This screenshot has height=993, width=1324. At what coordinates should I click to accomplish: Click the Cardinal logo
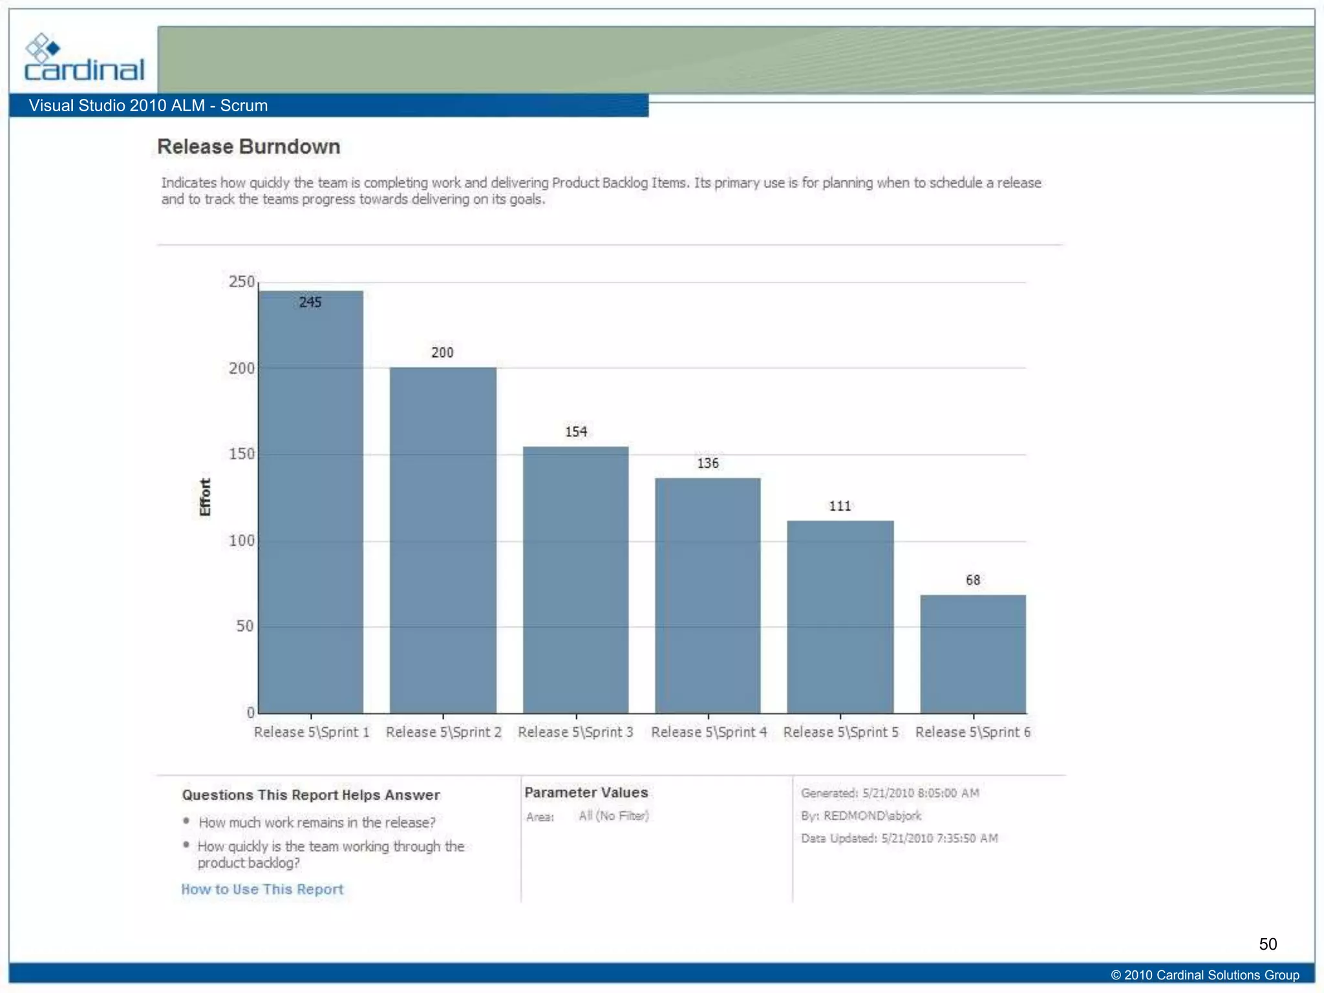(x=83, y=59)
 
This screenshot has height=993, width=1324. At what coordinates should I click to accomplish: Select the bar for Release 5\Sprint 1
(x=311, y=504)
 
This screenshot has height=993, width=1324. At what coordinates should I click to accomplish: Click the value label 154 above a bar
(x=576, y=432)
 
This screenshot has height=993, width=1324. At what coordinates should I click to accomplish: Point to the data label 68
(x=973, y=580)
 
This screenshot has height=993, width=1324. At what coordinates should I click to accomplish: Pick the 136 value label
(x=708, y=463)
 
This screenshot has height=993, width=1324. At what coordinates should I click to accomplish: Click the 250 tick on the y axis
(x=242, y=282)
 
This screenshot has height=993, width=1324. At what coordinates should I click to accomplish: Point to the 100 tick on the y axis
(x=242, y=540)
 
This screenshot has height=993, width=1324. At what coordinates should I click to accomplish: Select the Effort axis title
(x=205, y=497)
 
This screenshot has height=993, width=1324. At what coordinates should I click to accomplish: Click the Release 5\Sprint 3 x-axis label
(x=575, y=732)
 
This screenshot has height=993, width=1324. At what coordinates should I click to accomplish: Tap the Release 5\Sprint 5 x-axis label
(x=840, y=732)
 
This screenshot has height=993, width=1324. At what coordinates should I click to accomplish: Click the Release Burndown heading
(x=249, y=147)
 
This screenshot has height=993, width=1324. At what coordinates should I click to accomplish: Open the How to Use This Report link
(x=262, y=889)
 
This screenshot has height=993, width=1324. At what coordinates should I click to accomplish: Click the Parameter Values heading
(x=586, y=793)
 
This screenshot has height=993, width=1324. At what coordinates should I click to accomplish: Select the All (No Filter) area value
(x=614, y=816)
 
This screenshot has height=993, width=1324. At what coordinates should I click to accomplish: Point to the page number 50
(x=1268, y=944)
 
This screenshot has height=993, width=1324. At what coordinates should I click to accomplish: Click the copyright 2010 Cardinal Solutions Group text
(x=1205, y=975)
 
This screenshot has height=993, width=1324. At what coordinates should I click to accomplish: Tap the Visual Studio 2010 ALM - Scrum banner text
(x=148, y=105)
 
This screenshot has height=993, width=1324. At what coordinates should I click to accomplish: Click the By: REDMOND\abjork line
(x=861, y=816)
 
